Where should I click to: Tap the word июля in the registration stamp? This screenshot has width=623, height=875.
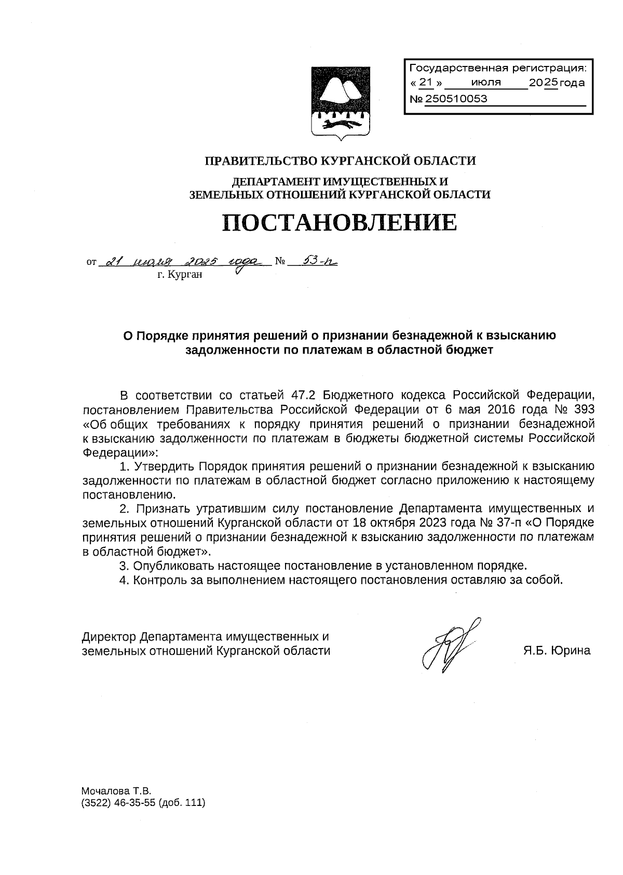tap(486, 83)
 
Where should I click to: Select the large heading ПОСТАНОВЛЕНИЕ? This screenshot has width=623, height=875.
tap(340, 222)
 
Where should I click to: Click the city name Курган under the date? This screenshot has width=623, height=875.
tap(180, 274)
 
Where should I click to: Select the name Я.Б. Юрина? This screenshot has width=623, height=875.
tap(557, 651)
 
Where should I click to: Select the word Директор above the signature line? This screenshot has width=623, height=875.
tap(109, 637)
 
